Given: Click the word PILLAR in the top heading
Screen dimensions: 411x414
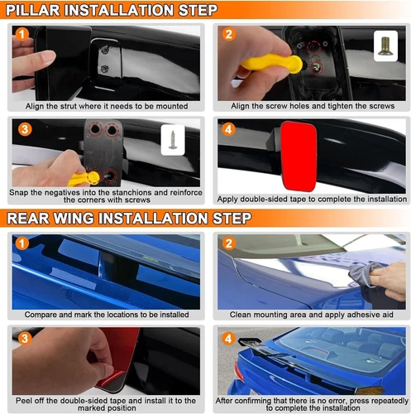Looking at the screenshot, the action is click(32, 10).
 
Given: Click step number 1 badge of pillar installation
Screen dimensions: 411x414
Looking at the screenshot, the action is click(22, 34).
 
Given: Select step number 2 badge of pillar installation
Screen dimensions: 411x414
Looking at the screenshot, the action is click(228, 34).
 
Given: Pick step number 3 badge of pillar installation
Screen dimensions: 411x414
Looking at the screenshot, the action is click(25, 129).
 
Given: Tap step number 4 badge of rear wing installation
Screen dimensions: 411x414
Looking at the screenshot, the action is click(228, 339).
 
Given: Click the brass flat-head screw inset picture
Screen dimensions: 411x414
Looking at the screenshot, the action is click(385, 46).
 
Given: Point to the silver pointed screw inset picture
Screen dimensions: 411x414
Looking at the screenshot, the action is click(173, 140).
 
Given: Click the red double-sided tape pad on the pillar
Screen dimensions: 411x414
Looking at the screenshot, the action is click(299, 156).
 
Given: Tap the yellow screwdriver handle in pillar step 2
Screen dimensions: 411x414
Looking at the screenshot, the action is click(272, 64).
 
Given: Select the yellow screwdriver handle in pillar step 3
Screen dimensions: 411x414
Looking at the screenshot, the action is click(84, 179).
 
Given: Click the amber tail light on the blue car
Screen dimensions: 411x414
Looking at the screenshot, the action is click(370, 390).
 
